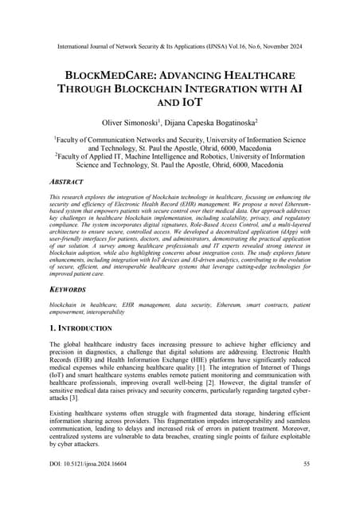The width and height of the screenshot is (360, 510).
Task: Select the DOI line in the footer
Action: tap(91, 485)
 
